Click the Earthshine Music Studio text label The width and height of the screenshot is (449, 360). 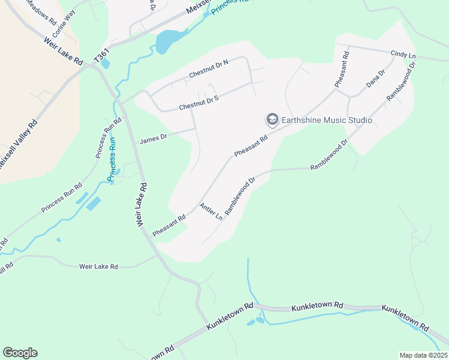click(327, 121)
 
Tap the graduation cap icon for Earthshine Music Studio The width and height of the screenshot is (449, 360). click(272, 120)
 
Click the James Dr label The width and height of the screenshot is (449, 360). click(152, 140)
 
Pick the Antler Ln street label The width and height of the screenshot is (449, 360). click(211, 211)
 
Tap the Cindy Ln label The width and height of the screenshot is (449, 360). click(403, 55)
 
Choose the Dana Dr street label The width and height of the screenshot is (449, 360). click(376, 79)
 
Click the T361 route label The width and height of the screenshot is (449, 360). click(103, 54)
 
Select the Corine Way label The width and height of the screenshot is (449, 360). click(64, 23)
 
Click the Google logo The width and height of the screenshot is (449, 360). click(20, 353)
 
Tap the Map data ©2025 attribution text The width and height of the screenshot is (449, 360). click(423, 355)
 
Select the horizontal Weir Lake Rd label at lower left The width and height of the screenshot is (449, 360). click(99, 266)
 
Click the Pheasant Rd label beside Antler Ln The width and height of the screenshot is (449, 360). click(169, 223)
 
